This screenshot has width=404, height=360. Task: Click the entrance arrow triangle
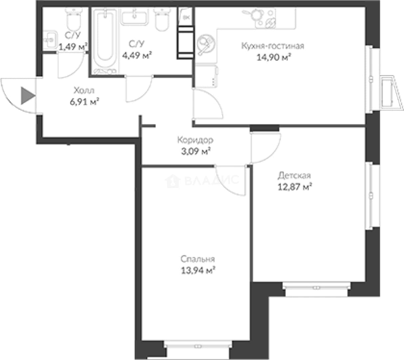coord(28,96)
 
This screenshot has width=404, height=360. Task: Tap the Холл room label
coord(84,91)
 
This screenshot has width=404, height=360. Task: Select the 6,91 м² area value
coord(84,102)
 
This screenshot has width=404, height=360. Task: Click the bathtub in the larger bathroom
coord(105,40)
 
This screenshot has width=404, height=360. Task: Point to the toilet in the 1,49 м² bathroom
coord(74,19)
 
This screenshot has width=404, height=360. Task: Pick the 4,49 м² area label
coord(137,55)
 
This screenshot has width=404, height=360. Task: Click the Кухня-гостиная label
coord(273,46)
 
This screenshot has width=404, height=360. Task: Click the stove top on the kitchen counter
coord(265,18)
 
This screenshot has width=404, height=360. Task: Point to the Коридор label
coord(195,140)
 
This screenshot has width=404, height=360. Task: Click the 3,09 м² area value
coord(196,151)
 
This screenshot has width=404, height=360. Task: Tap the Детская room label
coord(294,176)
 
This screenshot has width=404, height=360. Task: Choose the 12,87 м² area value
coord(295,187)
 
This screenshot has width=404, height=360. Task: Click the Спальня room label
coord(198,259)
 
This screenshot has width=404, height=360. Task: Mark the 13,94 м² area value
coord(198,271)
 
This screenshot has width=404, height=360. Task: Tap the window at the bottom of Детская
coord(317,288)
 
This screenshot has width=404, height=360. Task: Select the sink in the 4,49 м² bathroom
coord(135,18)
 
